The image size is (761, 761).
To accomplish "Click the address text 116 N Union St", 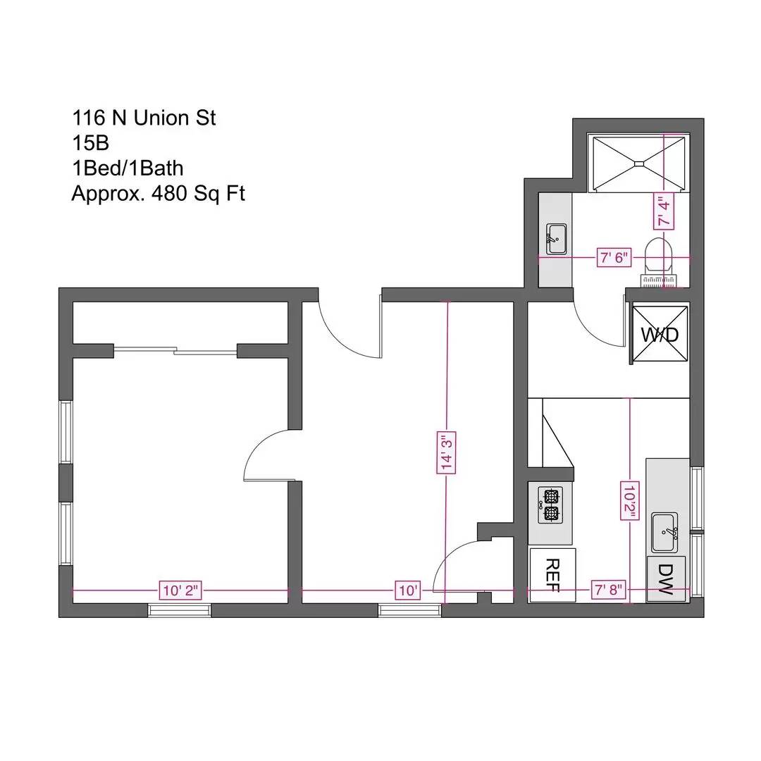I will pos(144,118).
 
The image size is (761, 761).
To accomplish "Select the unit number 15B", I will pos(90,143).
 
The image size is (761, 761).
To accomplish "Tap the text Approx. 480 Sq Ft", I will pos(158,193).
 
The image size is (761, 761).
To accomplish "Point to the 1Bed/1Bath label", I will pos(128,168).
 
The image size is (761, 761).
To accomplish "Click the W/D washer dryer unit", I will pos(660,334).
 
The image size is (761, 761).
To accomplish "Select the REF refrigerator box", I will pos(552,575).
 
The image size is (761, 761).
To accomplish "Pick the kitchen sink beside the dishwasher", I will pos(664,532).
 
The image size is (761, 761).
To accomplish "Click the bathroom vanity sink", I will pos(556,238).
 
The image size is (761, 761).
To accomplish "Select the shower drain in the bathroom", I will pos(638,164).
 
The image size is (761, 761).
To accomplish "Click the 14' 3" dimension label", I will pos(445,453).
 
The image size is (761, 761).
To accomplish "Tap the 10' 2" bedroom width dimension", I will pos(181,590).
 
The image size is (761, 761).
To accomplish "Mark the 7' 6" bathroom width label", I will pos(612,258).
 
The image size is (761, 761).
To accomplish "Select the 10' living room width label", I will pos(407,590).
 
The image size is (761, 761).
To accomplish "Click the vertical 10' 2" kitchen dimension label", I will pos(629,500).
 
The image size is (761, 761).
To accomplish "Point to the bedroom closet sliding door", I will pos(175,349).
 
